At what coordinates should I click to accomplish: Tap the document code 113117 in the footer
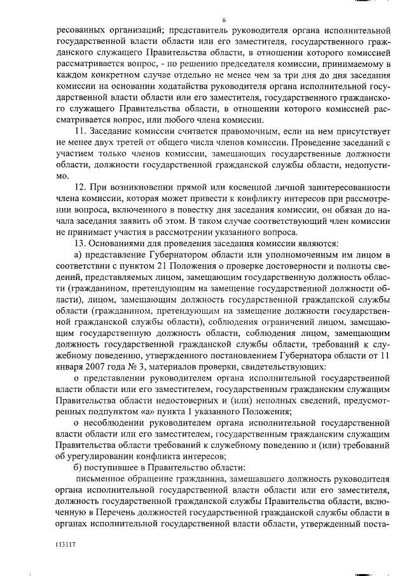click(x=65, y=545)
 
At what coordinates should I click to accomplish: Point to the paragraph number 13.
click(x=81, y=242)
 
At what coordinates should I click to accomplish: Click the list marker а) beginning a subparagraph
click(x=79, y=255)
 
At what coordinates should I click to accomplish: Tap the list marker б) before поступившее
click(x=79, y=465)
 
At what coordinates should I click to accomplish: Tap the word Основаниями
click(x=121, y=242)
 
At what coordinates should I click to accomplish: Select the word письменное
click(x=101, y=477)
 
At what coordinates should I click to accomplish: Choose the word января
click(x=72, y=367)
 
